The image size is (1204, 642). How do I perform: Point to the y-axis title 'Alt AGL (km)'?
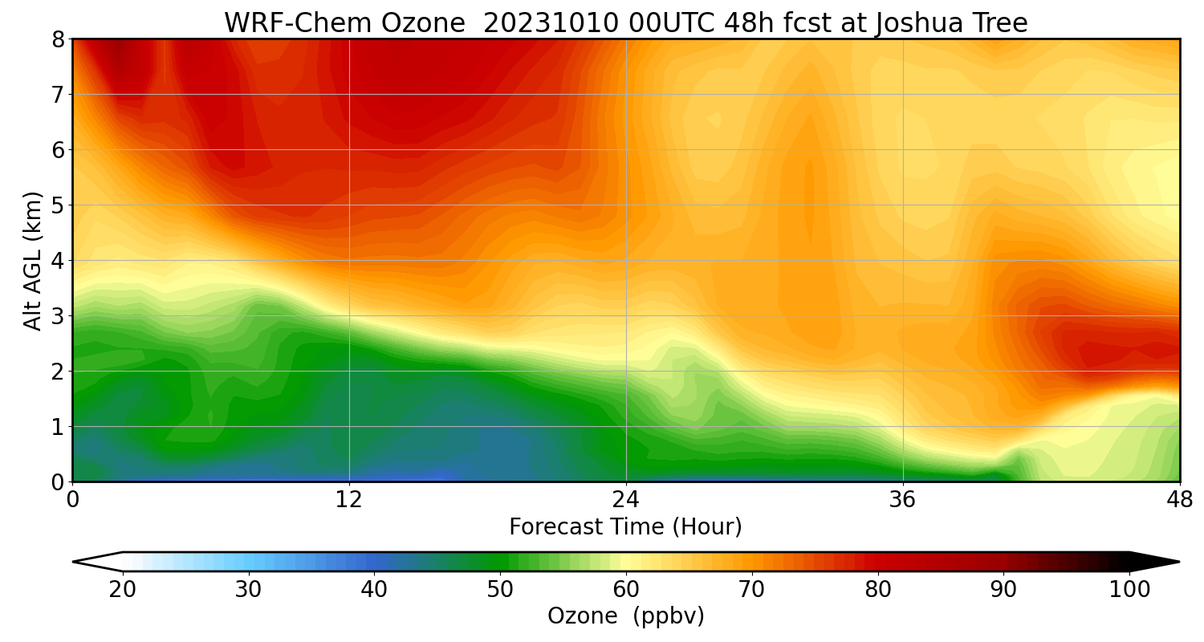(x=33, y=260)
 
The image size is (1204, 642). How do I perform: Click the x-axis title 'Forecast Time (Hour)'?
(x=625, y=527)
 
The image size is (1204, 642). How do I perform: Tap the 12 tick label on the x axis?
(x=349, y=500)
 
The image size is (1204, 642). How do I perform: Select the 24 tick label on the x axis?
(x=626, y=500)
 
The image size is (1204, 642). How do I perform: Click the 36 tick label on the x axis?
(x=903, y=500)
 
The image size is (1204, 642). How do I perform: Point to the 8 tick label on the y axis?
(x=58, y=39)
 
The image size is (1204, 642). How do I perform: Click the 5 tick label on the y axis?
(x=58, y=205)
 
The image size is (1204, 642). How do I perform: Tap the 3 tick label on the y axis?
(x=58, y=316)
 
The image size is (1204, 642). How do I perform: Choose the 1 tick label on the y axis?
(x=58, y=427)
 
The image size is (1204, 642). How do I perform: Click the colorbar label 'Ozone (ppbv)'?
(x=625, y=616)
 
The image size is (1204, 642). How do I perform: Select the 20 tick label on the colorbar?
(x=123, y=590)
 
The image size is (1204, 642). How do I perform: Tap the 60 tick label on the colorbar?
(x=626, y=590)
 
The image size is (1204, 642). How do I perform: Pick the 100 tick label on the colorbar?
(x=1129, y=590)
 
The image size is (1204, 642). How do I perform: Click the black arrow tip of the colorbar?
(x=1160, y=562)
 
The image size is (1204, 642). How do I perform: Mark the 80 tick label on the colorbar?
(x=878, y=590)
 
